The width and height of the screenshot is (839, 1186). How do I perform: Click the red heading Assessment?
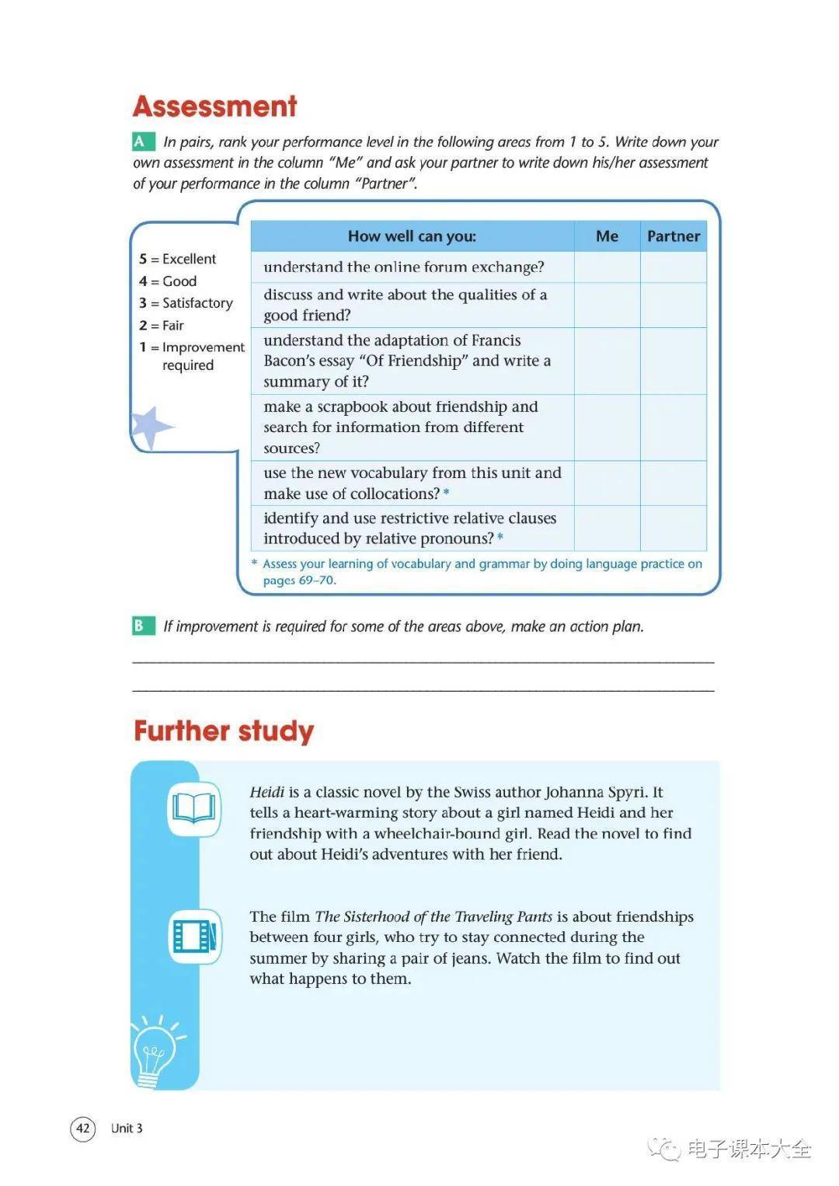pyautogui.click(x=214, y=106)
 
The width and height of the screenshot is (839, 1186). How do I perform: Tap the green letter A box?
pyautogui.click(x=141, y=141)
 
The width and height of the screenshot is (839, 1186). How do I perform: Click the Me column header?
pyautogui.click(x=607, y=236)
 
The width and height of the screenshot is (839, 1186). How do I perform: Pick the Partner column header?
pyautogui.click(x=674, y=236)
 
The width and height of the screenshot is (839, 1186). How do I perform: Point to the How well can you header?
pyautogui.click(x=412, y=236)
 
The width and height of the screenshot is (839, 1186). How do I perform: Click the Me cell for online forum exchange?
pyautogui.click(x=607, y=267)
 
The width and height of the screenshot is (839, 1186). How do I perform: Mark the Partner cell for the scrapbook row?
pyautogui.click(x=674, y=427)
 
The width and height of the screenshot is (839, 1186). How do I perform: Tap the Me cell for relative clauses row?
pyautogui.click(x=607, y=528)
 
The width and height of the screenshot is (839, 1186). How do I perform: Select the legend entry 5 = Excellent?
pyautogui.click(x=178, y=259)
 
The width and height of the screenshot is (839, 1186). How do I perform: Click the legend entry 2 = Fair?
pyautogui.click(x=162, y=326)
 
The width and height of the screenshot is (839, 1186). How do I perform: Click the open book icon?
pyautogui.click(x=194, y=808)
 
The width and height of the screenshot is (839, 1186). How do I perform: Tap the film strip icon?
pyautogui.click(x=194, y=936)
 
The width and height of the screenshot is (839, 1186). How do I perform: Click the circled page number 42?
pyautogui.click(x=83, y=1128)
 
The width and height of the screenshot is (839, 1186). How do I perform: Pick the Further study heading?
pyautogui.click(x=224, y=731)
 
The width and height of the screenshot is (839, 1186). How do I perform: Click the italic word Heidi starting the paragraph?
pyautogui.click(x=267, y=792)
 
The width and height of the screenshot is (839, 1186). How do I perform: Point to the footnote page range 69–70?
pyautogui.click(x=317, y=581)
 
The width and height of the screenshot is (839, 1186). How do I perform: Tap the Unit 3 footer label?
pyautogui.click(x=127, y=1128)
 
